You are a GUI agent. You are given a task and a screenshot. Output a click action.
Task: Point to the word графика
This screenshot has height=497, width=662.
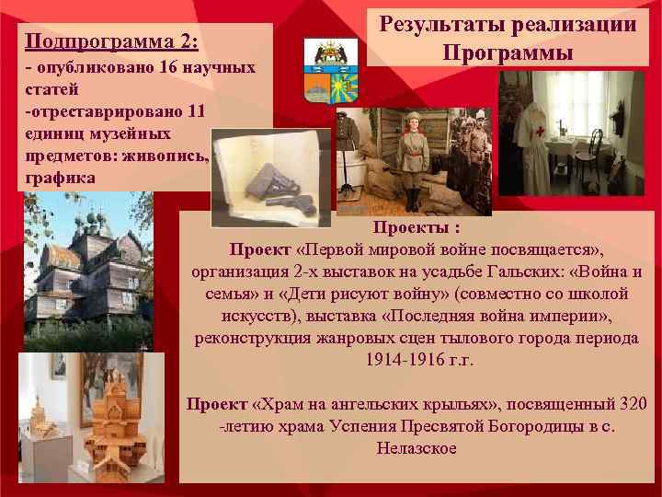click(x=61, y=177)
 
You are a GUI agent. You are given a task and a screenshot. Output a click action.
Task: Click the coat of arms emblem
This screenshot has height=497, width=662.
click(x=328, y=71)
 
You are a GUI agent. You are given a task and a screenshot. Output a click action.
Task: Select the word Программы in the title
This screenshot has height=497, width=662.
click(x=508, y=52)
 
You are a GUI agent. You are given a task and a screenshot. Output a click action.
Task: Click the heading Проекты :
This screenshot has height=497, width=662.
click(x=417, y=227)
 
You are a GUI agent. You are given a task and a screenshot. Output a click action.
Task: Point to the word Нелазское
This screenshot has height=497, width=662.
click(x=417, y=448)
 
